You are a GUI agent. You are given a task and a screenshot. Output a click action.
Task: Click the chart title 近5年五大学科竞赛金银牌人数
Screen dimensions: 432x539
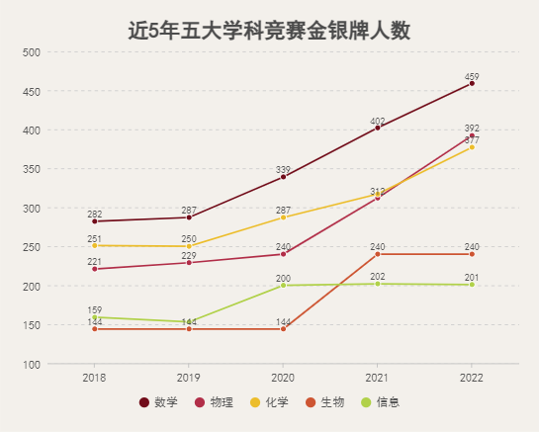point(269,31)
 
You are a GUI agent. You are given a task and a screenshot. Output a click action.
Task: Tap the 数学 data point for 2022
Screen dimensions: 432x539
point(472,83)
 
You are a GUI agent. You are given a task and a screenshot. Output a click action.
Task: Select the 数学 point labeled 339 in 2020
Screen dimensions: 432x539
point(283,177)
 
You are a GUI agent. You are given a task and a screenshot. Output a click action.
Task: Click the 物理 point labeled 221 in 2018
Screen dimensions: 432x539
point(95,269)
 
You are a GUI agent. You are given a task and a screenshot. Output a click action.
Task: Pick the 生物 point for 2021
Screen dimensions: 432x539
point(378,254)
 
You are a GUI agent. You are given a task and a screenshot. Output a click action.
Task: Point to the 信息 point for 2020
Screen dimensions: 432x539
point(283,286)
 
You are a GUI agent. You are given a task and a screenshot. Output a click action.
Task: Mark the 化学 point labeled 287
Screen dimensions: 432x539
point(283,217)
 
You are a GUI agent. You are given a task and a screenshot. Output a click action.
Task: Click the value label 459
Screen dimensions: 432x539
point(472,76)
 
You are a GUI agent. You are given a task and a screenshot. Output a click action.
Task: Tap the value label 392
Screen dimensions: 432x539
point(472,129)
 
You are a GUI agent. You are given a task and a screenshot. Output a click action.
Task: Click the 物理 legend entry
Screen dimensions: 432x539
point(214,402)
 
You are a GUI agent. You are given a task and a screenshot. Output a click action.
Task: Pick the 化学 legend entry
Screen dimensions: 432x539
point(269,402)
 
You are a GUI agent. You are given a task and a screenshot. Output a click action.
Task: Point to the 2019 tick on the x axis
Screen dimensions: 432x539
point(189,378)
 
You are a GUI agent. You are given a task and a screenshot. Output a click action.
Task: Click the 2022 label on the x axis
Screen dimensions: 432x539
point(472,378)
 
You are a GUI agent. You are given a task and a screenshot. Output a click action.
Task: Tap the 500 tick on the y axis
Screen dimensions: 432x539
point(32,52)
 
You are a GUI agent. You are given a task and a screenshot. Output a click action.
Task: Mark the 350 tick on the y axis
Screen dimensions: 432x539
point(32,169)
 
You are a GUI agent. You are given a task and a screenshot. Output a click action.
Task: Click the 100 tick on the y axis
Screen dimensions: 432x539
point(32,365)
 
